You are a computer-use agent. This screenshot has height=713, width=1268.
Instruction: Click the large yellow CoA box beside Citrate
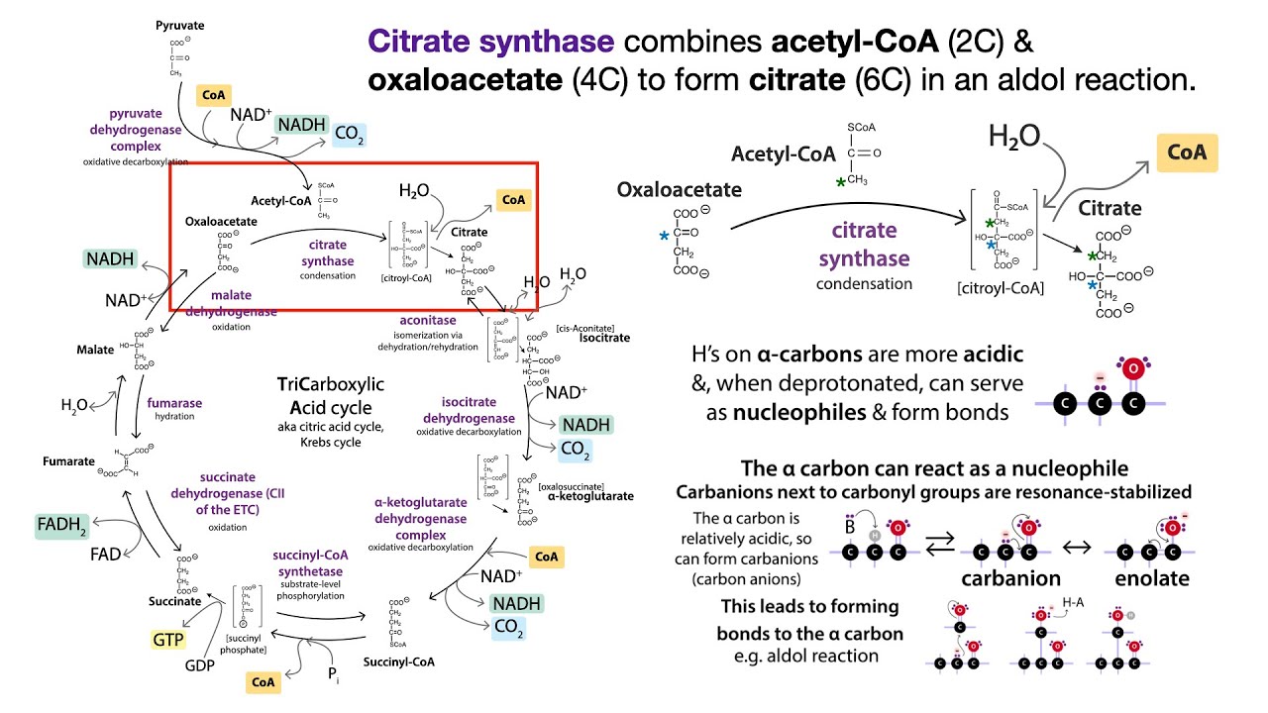(1186, 153)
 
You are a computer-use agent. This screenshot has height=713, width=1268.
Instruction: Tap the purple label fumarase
(174, 404)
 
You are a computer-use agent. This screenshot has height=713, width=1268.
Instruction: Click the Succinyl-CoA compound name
(399, 662)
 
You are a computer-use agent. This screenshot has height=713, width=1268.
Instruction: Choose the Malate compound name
(95, 350)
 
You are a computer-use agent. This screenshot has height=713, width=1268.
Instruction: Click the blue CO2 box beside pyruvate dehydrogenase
(349, 135)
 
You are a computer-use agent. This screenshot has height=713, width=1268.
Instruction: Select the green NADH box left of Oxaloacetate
(109, 259)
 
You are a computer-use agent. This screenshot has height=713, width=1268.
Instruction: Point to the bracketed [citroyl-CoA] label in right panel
(1000, 289)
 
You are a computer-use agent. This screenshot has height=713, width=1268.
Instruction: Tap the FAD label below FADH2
(106, 555)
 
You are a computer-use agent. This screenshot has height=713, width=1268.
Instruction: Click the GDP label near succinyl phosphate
(201, 665)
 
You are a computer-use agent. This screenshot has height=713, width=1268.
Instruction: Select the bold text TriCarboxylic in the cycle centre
(331, 384)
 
